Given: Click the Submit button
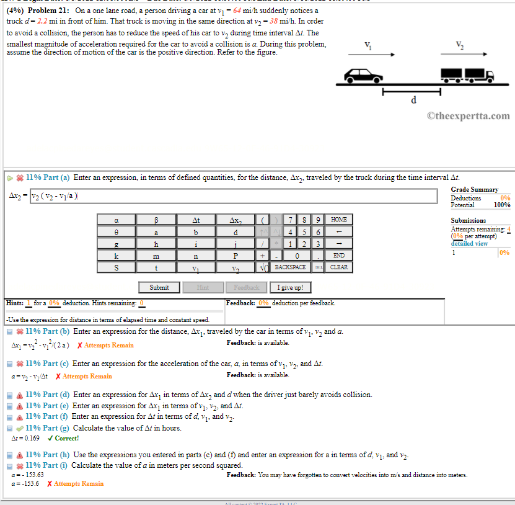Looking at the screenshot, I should (x=159, y=287).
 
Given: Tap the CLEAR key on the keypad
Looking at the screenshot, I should (x=338, y=267).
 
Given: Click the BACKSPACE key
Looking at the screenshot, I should (x=290, y=267).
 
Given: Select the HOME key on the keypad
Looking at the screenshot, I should (x=338, y=220).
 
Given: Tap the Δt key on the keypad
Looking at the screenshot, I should (x=196, y=220).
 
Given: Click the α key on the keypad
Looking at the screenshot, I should (x=117, y=220).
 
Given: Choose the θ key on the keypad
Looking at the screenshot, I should (x=117, y=231).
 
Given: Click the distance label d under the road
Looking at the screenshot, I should (x=413, y=101).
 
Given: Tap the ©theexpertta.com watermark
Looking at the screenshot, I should (x=468, y=116).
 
